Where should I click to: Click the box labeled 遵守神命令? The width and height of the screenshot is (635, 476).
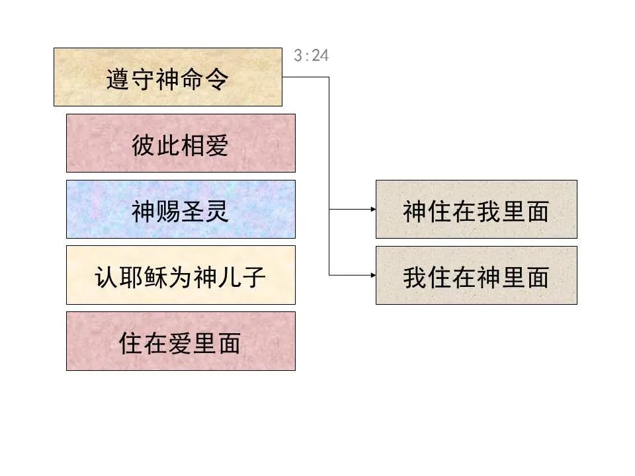click(x=167, y=77)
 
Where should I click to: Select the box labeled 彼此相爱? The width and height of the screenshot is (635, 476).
click(x=181, y=143)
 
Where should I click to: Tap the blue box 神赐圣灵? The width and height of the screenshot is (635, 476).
click(x=181, y=209)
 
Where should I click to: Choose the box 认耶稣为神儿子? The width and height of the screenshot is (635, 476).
click(x=181, y=275)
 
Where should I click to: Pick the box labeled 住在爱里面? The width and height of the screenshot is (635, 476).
click(x=181, y=341)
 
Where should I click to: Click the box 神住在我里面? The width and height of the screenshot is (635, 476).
click(x=476, y=209)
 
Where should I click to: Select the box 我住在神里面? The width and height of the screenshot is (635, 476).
click(x=476, y=275)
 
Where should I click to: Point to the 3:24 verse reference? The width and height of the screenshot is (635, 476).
click(x=311, y=56)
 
